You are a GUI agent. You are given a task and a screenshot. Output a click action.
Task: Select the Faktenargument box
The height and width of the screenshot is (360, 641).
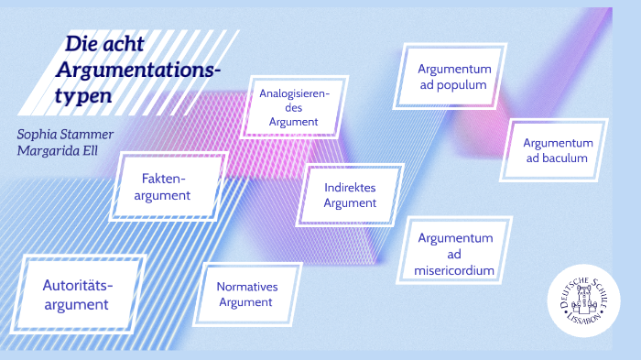(x=166, y=186)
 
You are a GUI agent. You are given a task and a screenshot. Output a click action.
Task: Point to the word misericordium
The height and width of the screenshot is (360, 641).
(x=455, y=270)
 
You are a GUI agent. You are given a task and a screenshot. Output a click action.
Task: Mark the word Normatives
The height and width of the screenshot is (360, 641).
(x=247, y=286)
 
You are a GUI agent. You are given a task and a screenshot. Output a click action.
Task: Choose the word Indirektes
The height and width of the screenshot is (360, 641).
(x=350, y=187)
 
